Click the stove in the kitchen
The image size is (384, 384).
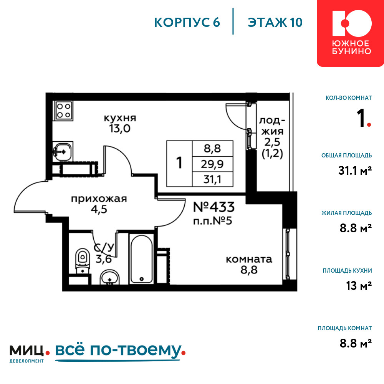64,111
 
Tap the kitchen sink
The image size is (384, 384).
63,152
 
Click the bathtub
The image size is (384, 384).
141,259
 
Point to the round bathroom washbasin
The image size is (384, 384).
109,278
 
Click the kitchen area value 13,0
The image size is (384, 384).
120,128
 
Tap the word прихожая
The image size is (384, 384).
99,199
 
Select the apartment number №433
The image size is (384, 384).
214,207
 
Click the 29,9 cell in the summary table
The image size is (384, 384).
212,164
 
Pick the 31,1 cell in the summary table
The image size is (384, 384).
212,179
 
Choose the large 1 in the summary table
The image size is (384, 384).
179,163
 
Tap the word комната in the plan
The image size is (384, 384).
249,259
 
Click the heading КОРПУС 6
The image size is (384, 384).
187,23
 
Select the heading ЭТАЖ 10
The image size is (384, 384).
275,23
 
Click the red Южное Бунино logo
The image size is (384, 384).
350,33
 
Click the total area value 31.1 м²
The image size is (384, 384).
355,170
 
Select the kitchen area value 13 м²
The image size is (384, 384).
359,286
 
